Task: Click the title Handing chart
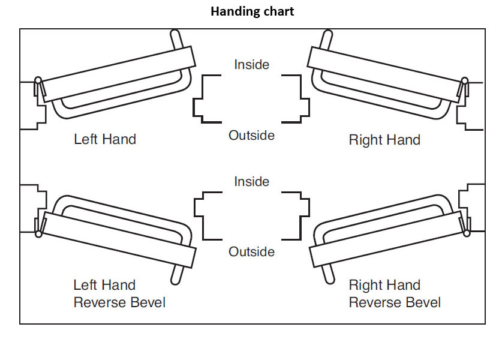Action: pyautogui.click(x=252, y=11)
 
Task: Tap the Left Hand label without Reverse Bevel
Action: pyautogui.click(x=105, y=139)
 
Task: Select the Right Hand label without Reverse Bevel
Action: pyautogui.click(x=384, y=140)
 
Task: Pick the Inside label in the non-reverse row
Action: pyautogui.click(x=251, y=64)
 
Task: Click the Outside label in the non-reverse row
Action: pyautogui.click(x=251, y=136)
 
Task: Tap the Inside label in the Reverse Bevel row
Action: pyautogui.click(x=251, y=181)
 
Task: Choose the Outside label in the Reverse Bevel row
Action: pyautogui.click(x=251, y=251)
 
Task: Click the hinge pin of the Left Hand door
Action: pyautogui.click(x=38, y=80)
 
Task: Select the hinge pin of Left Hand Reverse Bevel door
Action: pyautogui.click(x=38, y=233)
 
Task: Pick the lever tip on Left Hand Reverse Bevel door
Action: pyautogui.click(x=175, y=276)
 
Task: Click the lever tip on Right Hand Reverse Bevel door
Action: pyautogui.click(x=327, y=276)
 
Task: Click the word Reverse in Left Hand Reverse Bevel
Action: pyautogui.click(x=97, y=302)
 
